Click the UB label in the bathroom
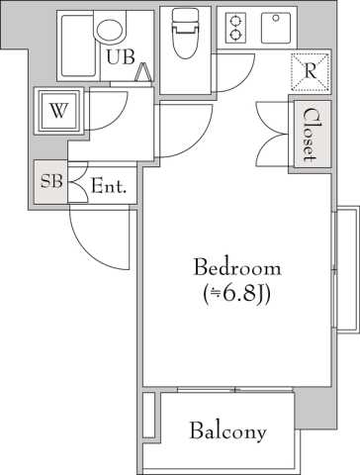pyautogui.click(x=121, y=56)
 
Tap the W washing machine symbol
pyautogui.click(x=58, y=111)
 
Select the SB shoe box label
pyautogui.click(x=51, y=181)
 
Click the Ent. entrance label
pyautogui.click(x=109, y=186)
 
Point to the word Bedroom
pyautogui.click(x=237, y=267)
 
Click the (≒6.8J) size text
pyautogui.click(x=237, y=293)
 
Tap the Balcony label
pyautogui.click(x=228, y=431)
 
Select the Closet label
pyautogui.click(x=310, y=135)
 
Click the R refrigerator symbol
pyautogui.click(x=311, y=71)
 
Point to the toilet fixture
pyautogui.click(x=185, y=33)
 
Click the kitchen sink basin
pyautogui.click(x=276, y=28)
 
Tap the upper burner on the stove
pyautogui.click(x=235, y=22)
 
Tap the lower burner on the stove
pyautogui.click(x=235, y=35)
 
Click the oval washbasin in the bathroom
pyautogui.click(x=111, y=29)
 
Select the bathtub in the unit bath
pyautogui.click(x=78, y=45)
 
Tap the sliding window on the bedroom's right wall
pyautogui.click(x=345, y=270)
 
